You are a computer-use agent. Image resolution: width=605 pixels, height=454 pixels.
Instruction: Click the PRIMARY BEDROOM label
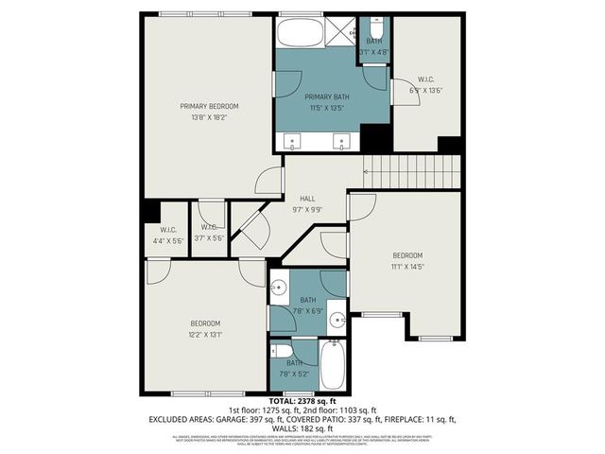tap(209, 112)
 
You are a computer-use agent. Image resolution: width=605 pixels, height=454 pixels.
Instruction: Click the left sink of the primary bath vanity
tap(292, 144)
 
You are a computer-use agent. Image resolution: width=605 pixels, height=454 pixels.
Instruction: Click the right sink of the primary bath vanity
tap(342, 144)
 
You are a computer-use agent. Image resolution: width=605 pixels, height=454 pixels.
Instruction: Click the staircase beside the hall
tap(412, 172)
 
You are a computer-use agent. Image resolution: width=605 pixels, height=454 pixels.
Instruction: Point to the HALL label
tap(307, 203)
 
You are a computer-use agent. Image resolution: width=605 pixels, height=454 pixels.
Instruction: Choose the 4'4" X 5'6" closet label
tap(167, 235)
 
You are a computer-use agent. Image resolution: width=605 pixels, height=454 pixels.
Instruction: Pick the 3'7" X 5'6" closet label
tap(209, 233)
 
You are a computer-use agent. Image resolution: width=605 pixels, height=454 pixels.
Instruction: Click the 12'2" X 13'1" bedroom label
tap(204, 327)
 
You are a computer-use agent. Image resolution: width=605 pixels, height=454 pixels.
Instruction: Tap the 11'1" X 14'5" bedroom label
tap(407, 261)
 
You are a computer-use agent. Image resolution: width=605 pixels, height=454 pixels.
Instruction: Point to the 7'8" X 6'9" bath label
tap(308, 305)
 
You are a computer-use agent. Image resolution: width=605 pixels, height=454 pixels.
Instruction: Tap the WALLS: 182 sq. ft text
tap(302, 428)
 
